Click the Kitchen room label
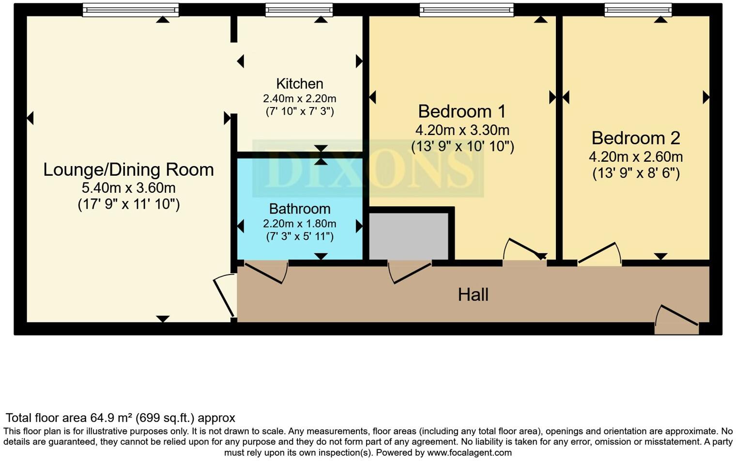coord(300,84)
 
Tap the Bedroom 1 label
coord(462,111)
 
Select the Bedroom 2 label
coord(636,138)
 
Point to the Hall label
coord(473,294)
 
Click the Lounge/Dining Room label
coord(128,170)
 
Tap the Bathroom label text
coord(300,209)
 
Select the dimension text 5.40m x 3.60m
coord(128,188)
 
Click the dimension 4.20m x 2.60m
coord(636,157)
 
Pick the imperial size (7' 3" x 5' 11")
coord(300,237)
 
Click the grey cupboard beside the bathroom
coord(408,236)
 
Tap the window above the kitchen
coord(299,10)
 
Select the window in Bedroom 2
coord(638,10)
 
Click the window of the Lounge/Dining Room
coord(130,10)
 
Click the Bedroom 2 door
coord(599,254)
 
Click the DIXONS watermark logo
coord(368,169)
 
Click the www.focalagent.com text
coord(469,453)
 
